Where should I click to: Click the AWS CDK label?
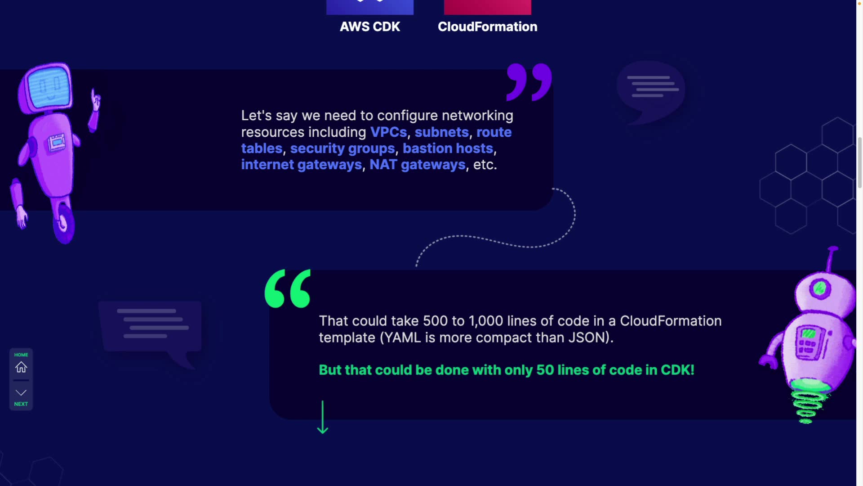pyautogui.click(x=369, y=27)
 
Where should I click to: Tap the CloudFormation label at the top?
pyautogui.click(x=487, y=27)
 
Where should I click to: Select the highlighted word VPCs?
pyautogui.click(x=388, y=132)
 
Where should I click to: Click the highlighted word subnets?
pyautogui.click(x=441, y=132)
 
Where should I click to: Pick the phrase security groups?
pyautogui.click(x=342, y=148)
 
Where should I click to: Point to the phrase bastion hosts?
pyautogui.click(x=448, y=148)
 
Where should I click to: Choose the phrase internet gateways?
pyautogui.click(x=301, y=165)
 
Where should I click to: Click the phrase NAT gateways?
pyautogui.click(x=417, y=165)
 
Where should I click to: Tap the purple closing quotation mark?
pyautogui.click(x=529, y=82)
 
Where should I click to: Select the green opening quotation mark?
pyautogui.click(x=288, y=288)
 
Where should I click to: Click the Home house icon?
pyautogui.click(x=21, y=367)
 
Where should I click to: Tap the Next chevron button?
pyautogui.click(x=21, y=393)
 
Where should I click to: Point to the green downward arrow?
pyautogui.click(x=323, y=417)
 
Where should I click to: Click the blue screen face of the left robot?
pyautogui.click(x=49, y=86)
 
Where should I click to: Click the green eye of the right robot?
pyautogui.click(x=819, y=288)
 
